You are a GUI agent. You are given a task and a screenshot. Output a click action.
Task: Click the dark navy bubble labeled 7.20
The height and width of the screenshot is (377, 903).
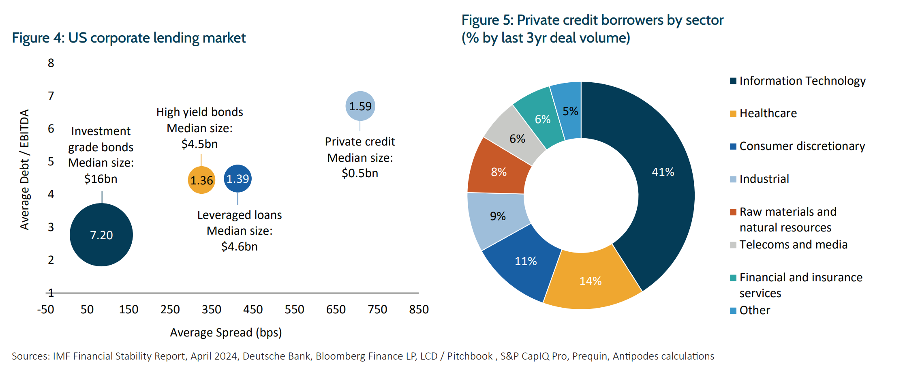[x=101, y=235]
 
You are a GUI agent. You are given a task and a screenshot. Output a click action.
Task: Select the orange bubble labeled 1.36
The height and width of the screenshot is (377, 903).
[x=201, y=180]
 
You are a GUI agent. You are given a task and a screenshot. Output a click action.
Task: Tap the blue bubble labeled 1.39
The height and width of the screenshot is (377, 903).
[x=238, y=178]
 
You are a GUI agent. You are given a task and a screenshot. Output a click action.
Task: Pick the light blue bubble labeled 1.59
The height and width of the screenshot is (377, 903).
[x=360, y=106]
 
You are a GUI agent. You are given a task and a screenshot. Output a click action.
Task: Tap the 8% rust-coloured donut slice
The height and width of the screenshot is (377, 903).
[x=499, y=172]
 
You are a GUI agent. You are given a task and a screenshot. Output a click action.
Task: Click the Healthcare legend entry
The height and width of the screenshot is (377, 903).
[x=764, y=114]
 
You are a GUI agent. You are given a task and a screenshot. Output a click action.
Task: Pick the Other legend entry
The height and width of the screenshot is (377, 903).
[x=750, y=311]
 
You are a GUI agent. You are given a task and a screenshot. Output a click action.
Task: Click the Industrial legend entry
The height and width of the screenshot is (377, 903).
[x=760, y=179]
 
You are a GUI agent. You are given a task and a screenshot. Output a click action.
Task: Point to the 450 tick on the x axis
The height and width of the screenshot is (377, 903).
[x=253, y=310]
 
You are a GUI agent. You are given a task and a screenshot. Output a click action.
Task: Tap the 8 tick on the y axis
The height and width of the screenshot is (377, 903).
[x=51, y=63]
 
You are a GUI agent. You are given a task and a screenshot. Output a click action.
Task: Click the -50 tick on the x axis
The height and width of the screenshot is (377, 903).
[x=45, y=310]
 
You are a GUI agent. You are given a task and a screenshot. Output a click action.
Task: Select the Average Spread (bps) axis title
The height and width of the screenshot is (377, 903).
[x=226, y=333]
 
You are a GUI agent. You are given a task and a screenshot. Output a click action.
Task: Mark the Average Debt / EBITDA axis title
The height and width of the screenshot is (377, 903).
[x=25, y=169]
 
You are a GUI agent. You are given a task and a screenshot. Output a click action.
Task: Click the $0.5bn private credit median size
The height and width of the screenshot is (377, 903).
[x=360, y=174]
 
